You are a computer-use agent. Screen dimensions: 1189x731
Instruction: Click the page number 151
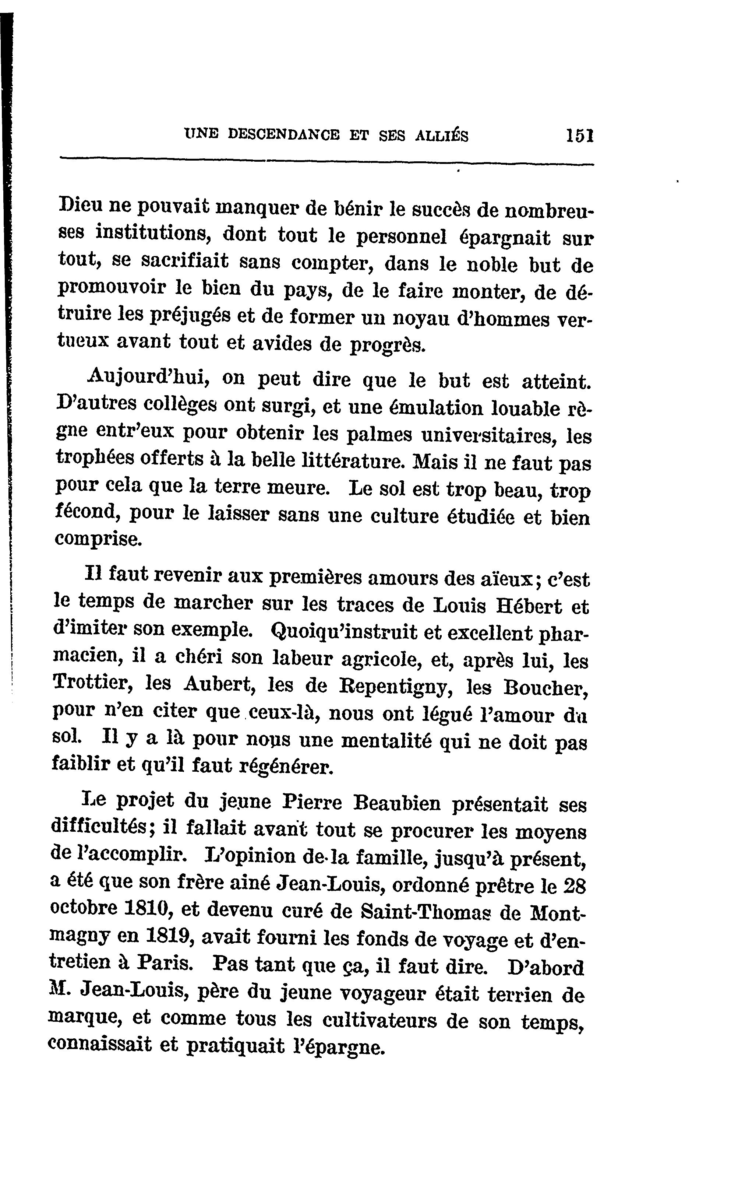click(579, 136)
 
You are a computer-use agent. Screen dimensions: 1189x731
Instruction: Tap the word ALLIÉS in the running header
click(441, 136)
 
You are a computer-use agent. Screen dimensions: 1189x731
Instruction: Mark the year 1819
click(167, 936)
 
